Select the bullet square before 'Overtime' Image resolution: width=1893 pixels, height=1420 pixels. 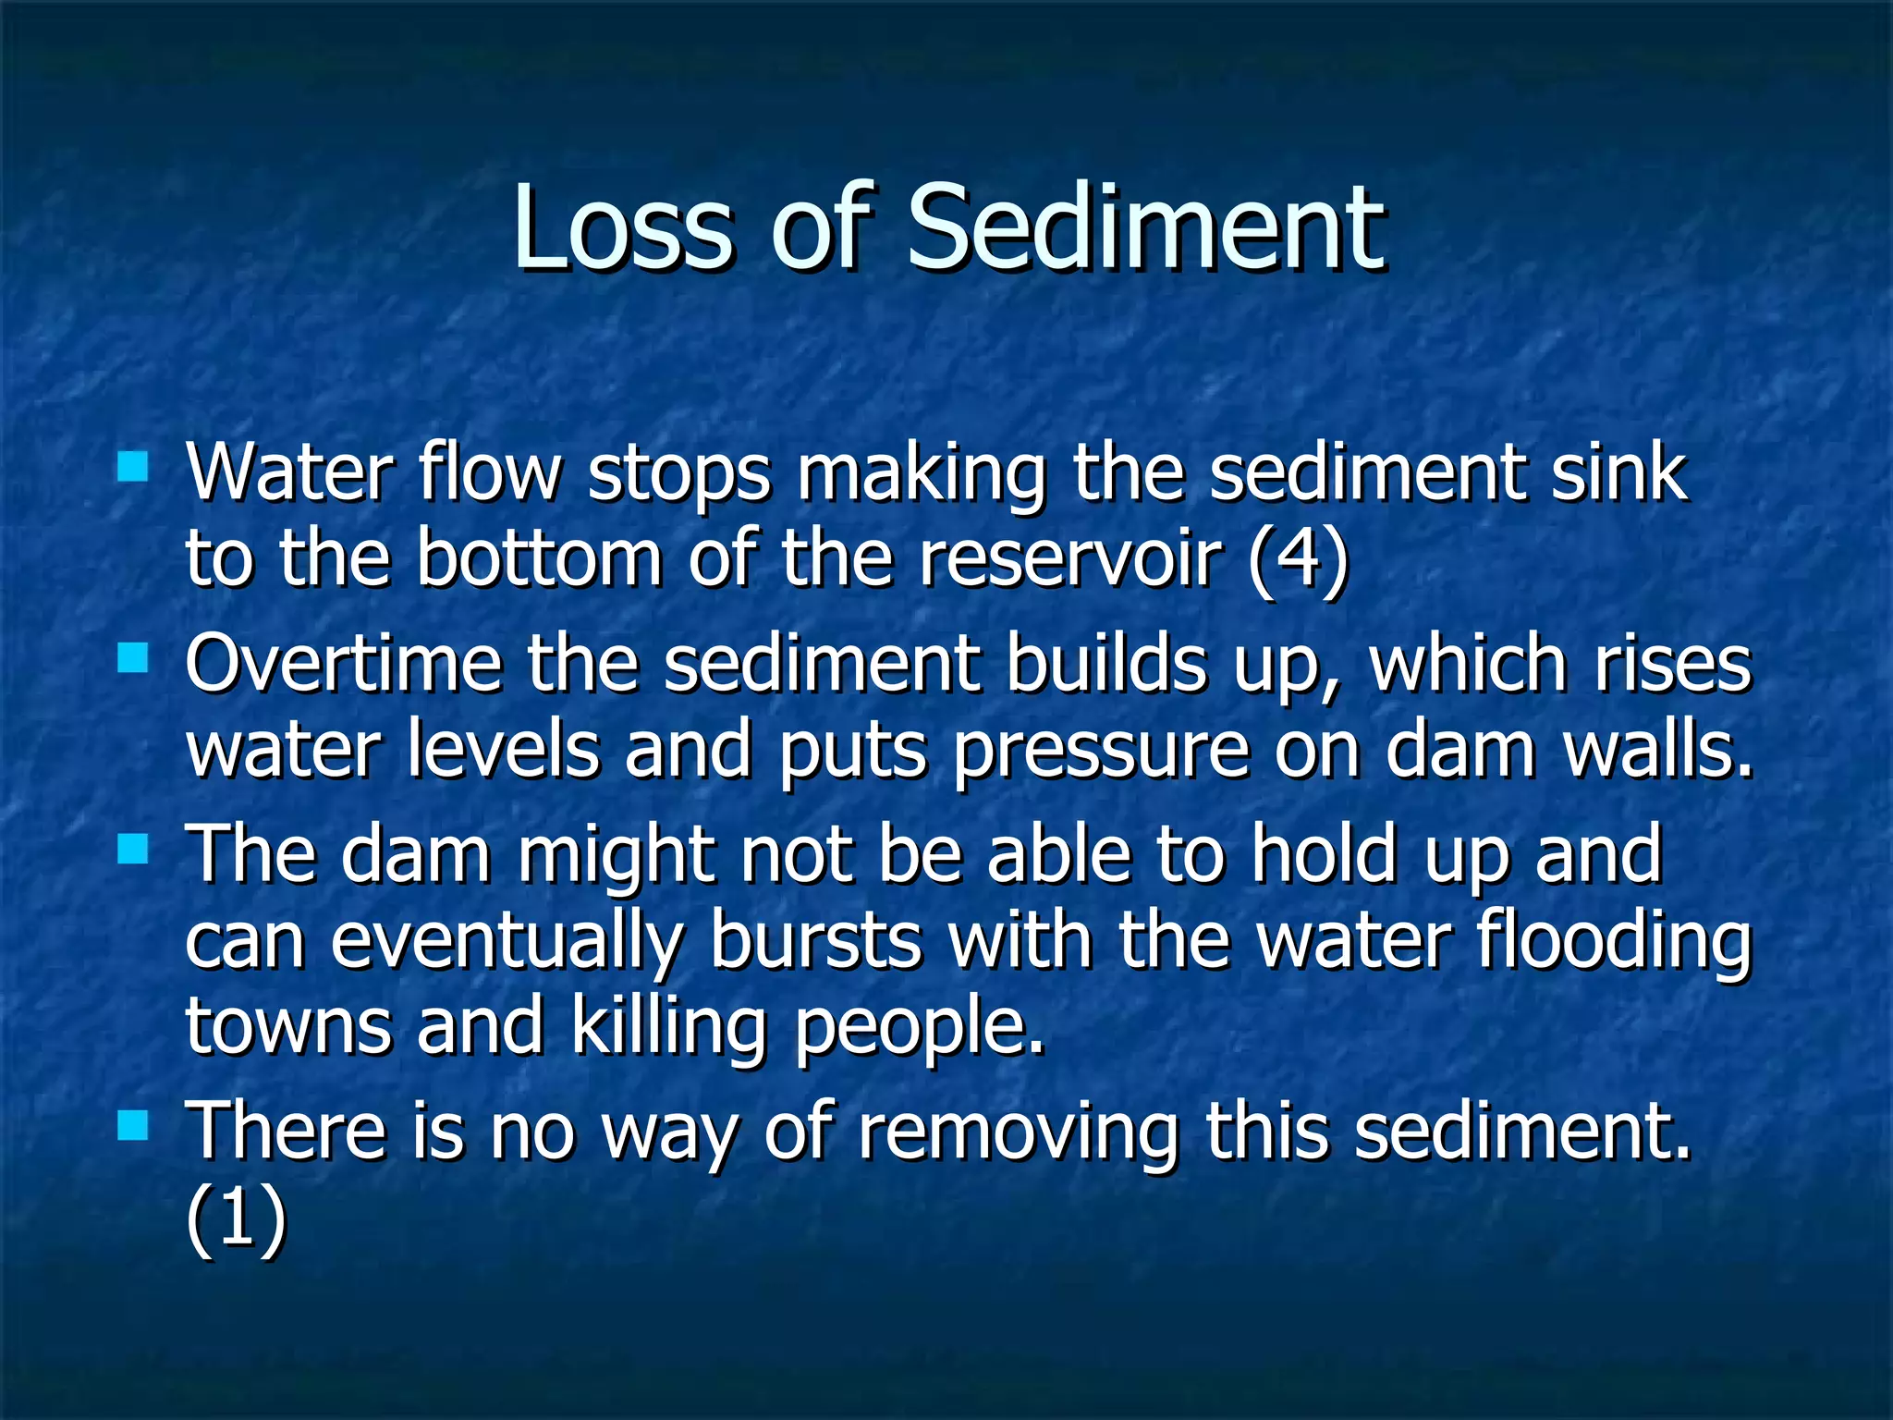coord(133,658)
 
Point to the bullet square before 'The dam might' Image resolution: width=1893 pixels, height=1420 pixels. coord(133,848)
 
